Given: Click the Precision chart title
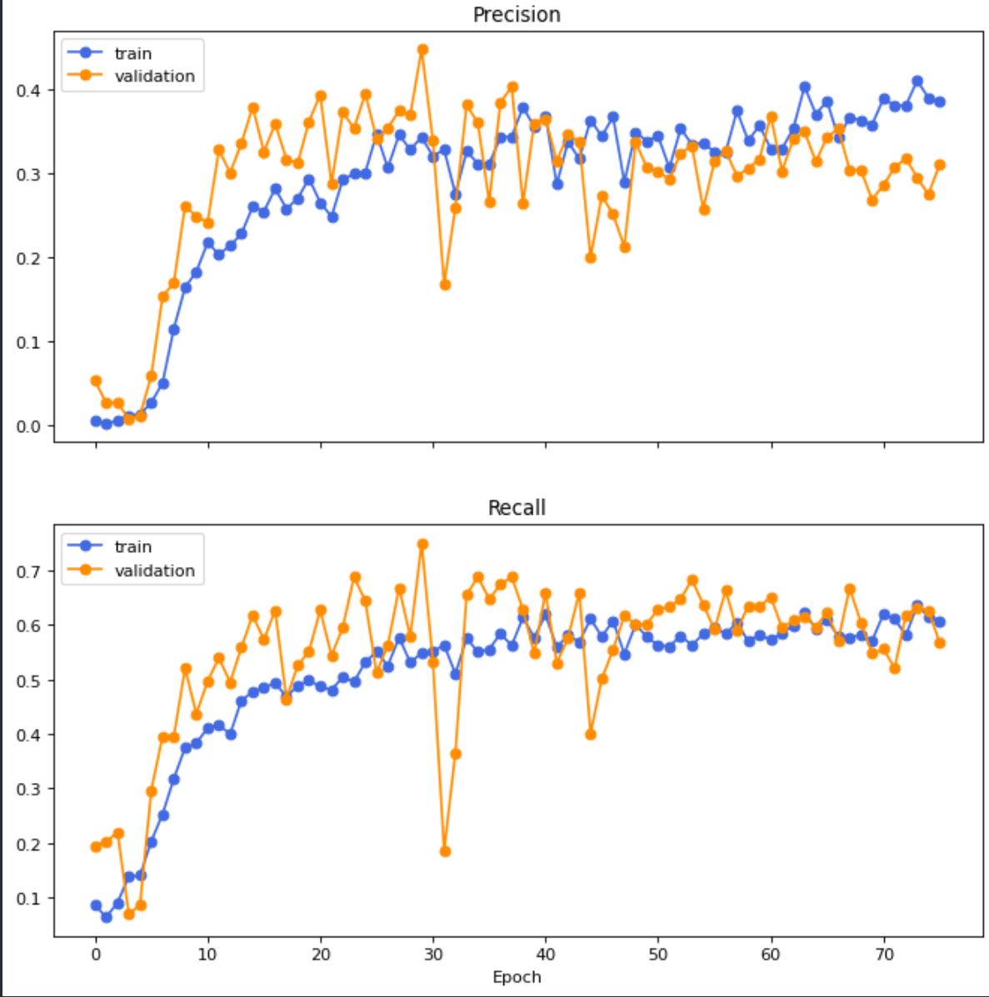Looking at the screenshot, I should pyautogui.click(x=516, y=15).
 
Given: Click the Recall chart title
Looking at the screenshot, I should pyautogui.click(x=516, y=508).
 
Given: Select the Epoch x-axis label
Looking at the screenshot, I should pyautogui.click(x=516, y=977).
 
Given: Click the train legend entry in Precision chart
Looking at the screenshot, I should pyautogui.click(x=132, y=53).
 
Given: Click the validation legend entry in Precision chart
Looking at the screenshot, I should pyautogui.click(x=154, y=76).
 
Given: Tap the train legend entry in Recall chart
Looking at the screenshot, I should pyautogui.click(x=132, y=546).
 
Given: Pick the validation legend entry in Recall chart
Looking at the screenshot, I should pyautogui.click(x=154, y=571).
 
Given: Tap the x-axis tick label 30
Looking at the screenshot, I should pyautogui.click(x=433, y=954).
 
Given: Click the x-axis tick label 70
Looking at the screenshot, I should pyautogui.click(x=884, y=954).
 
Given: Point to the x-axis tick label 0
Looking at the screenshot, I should pyautogui.click(x=96, y=954).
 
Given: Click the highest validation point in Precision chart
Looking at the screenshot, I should pyautogui.click(x=422, y=49).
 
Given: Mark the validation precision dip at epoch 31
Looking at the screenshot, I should pyautogui.click(x=445, y=285).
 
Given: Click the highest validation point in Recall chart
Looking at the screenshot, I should pyautogui.click(x=422, y=544).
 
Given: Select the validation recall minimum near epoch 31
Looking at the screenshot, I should pyautogui.click(x=445, y=851).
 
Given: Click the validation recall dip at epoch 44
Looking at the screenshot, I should pyautogui.click(x=591, y=734).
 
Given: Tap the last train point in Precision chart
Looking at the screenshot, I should pyautogui.click(x=940, y=102).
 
